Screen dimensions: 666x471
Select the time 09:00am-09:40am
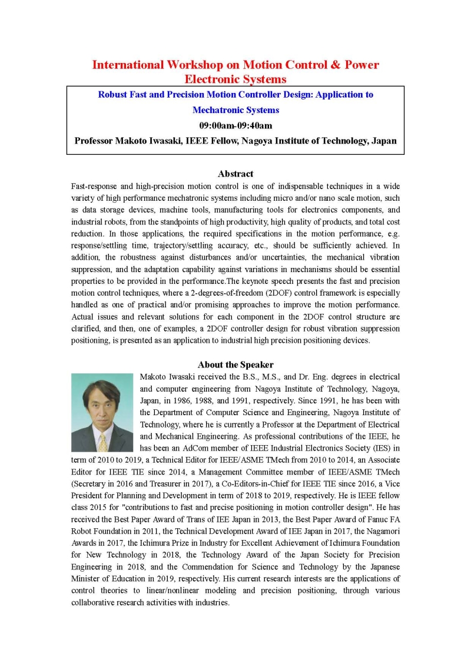(235, 125)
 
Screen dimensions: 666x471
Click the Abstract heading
(235, 174)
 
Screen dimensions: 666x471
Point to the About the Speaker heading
(235, 365)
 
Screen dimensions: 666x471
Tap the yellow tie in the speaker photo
(103, 441)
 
